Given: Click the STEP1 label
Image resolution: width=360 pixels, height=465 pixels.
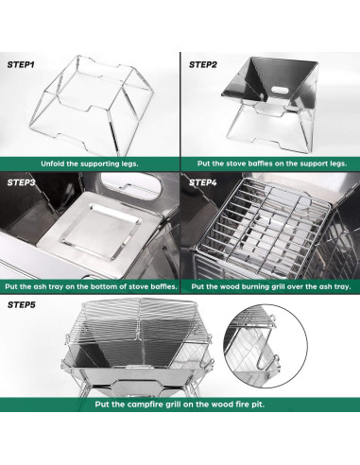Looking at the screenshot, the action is pos(21,64).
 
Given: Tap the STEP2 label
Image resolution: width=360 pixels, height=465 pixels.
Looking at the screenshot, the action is pos(203,64).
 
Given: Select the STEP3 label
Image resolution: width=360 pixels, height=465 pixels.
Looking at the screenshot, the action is pos(21,182).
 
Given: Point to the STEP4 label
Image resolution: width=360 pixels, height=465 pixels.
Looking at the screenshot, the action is pos(203,182).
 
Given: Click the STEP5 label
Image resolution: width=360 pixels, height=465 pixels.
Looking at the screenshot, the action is pos(22,305).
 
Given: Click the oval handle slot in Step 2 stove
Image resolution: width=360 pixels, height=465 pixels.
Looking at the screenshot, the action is pos(280,90).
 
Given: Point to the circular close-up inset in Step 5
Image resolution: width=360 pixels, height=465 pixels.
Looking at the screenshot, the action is pos(266,346).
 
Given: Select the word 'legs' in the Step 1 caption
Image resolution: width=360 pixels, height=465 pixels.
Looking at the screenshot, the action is pos(129,164).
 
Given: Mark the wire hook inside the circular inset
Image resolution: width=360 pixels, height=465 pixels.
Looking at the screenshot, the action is pos(267,351).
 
